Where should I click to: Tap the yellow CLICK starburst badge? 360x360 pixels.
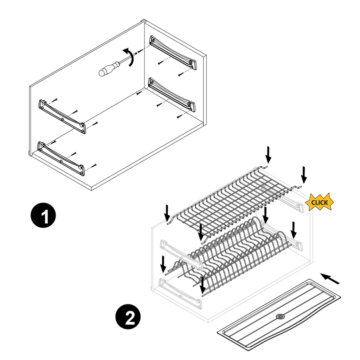[x=319, y=202]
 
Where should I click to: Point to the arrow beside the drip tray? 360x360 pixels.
[x=331, y=278]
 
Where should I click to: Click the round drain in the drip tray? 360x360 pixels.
[x=280, y=317]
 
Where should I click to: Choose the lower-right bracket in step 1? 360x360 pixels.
[x=172, y=94]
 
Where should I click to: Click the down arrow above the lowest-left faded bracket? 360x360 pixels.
[x=163, y=264]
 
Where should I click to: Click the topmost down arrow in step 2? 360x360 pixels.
[x=268, y=154]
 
